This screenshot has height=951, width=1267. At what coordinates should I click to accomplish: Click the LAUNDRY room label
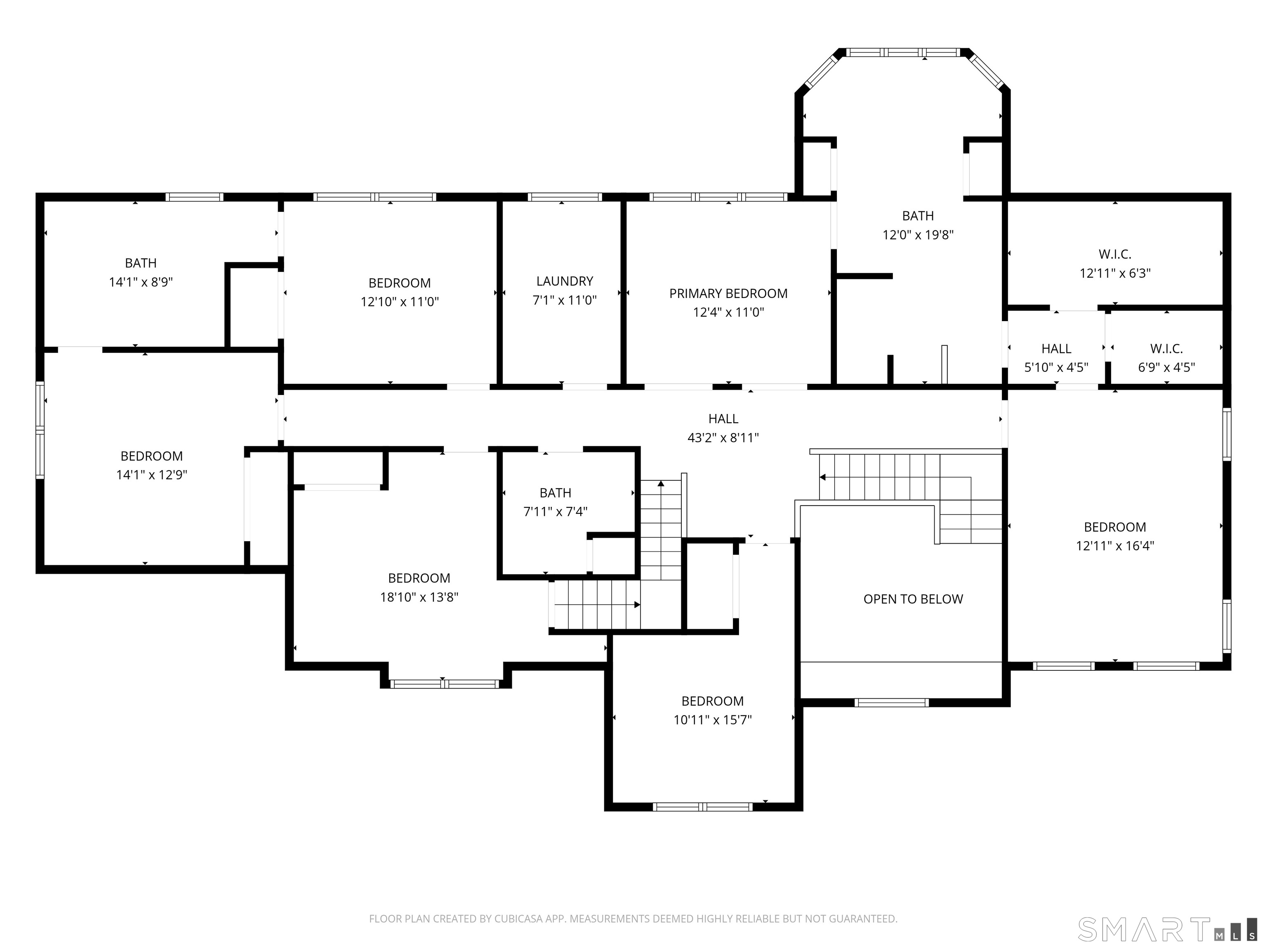point(564,281)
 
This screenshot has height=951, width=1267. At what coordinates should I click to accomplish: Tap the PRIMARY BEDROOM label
point(728,293)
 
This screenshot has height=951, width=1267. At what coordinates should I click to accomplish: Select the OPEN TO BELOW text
point(913,599)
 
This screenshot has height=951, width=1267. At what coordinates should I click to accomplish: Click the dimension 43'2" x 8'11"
point(723,438)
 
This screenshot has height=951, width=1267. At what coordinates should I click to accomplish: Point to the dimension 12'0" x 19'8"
point(918,234)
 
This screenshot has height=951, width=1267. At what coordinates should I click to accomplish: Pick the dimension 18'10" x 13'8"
point(419,597)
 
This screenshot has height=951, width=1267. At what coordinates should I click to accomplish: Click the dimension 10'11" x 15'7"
point(713,719)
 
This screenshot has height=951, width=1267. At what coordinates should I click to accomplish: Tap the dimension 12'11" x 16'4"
point(1115,546)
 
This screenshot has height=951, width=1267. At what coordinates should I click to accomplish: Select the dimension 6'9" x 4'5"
point(1166,367)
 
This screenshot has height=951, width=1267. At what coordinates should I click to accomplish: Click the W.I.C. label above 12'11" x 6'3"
point(1115,254)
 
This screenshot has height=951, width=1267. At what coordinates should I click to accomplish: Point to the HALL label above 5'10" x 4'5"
point(1056,348)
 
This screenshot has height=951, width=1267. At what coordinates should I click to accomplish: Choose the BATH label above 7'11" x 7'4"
point(555,493)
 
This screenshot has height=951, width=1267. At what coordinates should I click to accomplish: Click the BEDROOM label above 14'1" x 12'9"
point(151,456)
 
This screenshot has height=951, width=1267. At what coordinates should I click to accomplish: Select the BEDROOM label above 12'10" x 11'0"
point(399,283)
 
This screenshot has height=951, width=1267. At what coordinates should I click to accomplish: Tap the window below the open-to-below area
point(891,702)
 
